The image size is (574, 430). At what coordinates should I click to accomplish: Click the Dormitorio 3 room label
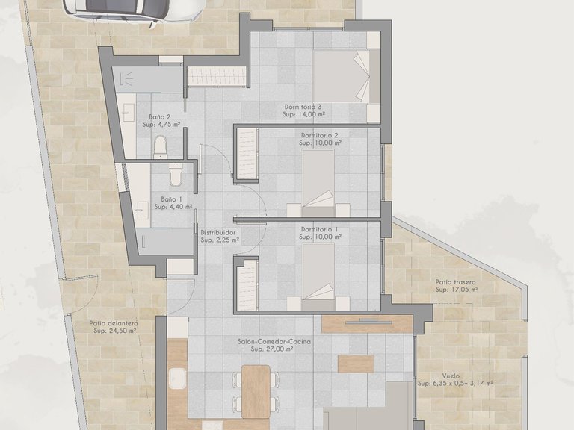[303, 107]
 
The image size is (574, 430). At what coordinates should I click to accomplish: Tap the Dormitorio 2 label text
[320, 135]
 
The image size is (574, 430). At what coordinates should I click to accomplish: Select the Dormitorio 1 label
[320, 229]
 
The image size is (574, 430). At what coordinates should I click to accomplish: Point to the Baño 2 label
[160, 117]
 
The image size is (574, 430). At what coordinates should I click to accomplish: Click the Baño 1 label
[172, 199]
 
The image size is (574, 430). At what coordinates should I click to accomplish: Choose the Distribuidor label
[218, 233]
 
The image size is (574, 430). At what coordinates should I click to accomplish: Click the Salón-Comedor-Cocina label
[274, 341]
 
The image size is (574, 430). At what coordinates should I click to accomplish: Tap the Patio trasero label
[455, 282]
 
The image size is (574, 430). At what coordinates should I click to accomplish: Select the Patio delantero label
[114, 323]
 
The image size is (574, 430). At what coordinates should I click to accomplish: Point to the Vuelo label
[451, 376]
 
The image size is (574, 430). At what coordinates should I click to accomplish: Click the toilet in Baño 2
[161, 147]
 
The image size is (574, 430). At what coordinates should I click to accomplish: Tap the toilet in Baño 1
[176, 174]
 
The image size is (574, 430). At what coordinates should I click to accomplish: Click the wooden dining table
[256, 392]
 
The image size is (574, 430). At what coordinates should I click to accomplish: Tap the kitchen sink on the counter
[178, 378]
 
